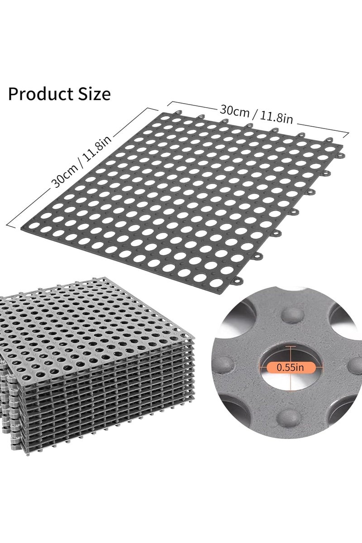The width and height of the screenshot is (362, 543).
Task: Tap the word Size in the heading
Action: point(94,94)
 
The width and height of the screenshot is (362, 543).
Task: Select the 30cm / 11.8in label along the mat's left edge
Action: point(82,161)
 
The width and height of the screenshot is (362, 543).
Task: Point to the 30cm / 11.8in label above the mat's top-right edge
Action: point(256,114)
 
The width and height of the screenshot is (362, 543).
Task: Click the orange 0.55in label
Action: point(291,367)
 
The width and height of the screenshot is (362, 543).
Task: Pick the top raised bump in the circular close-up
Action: point(293,316)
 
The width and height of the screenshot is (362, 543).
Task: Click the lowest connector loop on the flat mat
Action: point(238,280)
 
